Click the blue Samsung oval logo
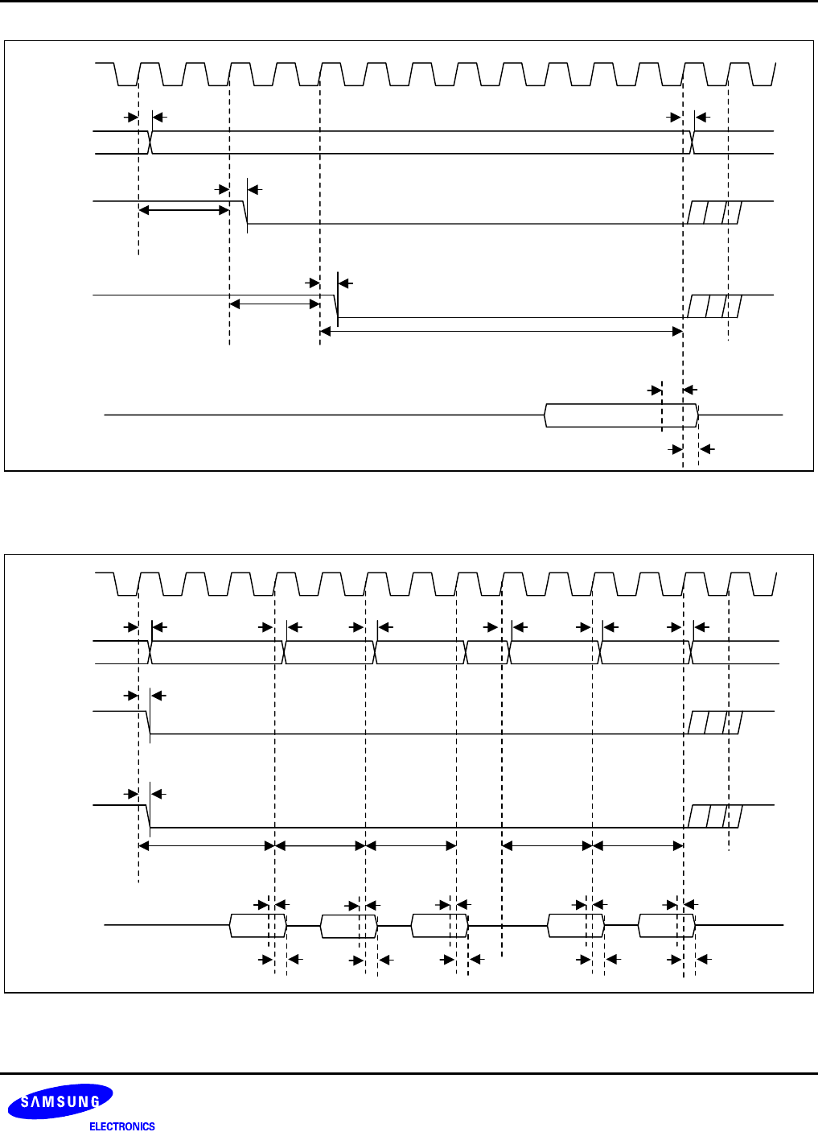pyautogui.click(x=61, y=1101)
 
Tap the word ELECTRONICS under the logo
pyautogui.click(x=122, y=1126)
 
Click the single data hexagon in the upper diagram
pyautogui.click(x=621, y=415)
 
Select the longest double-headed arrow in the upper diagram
pyautogui.click(x=501, y=331)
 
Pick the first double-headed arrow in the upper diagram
pyautogui.click(x=184, y=211)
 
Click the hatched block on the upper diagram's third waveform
pyautogui.click(x=714, y=213)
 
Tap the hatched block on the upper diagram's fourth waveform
pyautogui.click(x=714, y=307)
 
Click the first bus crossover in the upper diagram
pyautogui.click(x=151, y=143)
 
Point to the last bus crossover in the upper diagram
pyautogui.click(x=693, y=143)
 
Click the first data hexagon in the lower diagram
pyautogui.click(x=258, y=926)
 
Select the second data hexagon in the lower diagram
pyautogui.click(x=349, y=926)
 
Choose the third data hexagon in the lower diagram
pyautogui.click(x=439, y=926)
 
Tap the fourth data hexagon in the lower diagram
pyautogui.click(x=576, y=926)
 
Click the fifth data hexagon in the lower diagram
pyautogui.click(x=666, y=926)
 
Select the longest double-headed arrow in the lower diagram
pyautogui.click(x=207, y=845)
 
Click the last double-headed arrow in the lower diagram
pyautogui.click(x=638, y=845)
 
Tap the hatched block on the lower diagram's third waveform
pyautogui.click(x=714, y=722)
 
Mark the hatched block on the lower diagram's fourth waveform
pyautogui.click(x=714, y=816)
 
